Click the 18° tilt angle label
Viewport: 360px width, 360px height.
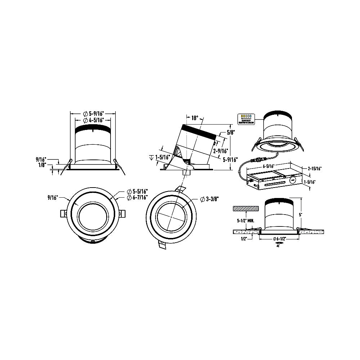[195, 118]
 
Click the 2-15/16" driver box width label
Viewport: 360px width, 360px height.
[315, 168]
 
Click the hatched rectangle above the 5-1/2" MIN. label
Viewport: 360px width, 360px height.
[246, 208]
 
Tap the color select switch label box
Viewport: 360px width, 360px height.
[246, 118]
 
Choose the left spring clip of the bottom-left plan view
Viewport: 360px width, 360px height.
[63, 213]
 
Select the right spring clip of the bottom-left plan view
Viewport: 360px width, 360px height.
[122, 213]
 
